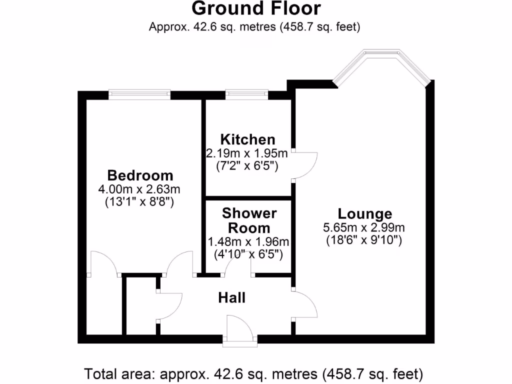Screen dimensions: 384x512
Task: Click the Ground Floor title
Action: (x=255, y=8)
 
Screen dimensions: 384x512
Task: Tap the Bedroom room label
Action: (x=140, y=175)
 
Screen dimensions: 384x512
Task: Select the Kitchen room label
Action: (x=247, y=139)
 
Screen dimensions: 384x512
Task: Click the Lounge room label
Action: (x=364, y=214)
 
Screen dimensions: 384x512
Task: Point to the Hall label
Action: (x=232, y=298)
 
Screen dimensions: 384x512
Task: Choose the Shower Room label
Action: (x=249, y=220)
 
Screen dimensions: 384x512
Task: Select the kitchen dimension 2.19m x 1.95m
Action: (x=247, y=152)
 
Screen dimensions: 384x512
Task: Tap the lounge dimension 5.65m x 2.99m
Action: (x=364, y=227)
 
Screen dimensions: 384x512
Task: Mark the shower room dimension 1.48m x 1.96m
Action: (x=248, y=242)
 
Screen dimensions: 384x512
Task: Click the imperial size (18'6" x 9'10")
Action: (x=364, y=240)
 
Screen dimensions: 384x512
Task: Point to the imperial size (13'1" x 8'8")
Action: (x=140, y=202)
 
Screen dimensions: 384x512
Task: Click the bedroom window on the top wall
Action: (x=140, y=93)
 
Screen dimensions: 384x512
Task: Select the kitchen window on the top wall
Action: (x=245, y=93)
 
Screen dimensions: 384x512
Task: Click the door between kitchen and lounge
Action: (x=305, y=164)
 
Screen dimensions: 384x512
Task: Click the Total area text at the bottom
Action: (x=254, y=373)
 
